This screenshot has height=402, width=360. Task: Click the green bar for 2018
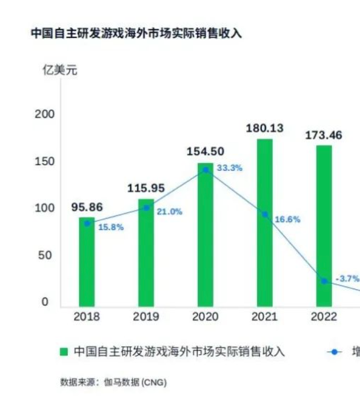pos(87,262)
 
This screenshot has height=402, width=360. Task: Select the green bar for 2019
pos(146,253)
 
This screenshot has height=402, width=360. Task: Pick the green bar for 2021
pos(264,223)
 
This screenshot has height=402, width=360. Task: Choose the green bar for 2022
pos(324,225)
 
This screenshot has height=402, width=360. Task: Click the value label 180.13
pos(264,128)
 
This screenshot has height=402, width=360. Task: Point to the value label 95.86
pos(87,207)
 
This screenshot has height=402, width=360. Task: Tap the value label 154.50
pos(206,151)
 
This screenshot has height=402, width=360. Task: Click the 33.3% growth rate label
pos(230,168)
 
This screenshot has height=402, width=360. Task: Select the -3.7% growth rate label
pos(347,278)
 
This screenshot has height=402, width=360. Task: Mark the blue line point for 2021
pos(265,215)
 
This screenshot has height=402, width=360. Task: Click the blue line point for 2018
pos(87,223)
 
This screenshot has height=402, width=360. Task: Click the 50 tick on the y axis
pos(48,255)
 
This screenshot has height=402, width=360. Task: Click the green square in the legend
pos(64,351)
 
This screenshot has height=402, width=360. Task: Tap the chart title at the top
pos(136,34)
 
